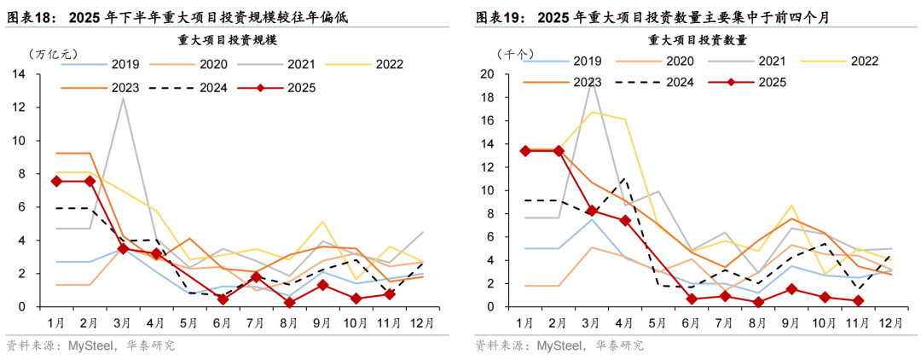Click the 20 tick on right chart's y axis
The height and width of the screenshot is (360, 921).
coord(488,74)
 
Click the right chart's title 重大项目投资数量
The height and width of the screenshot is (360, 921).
coord(698,40)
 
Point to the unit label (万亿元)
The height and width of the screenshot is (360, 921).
coord(53,54)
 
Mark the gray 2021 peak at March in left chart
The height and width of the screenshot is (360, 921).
coord(123,98)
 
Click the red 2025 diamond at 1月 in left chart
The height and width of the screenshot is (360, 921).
coord(56,181)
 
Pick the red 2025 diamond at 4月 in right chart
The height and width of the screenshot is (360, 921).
coord(625,220)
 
